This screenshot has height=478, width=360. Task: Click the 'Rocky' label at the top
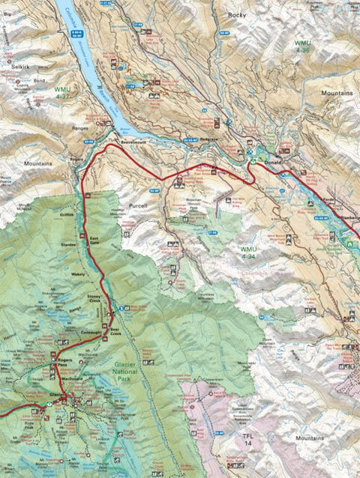pos(237,14)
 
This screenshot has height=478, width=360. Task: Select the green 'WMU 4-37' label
pos(65,92)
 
